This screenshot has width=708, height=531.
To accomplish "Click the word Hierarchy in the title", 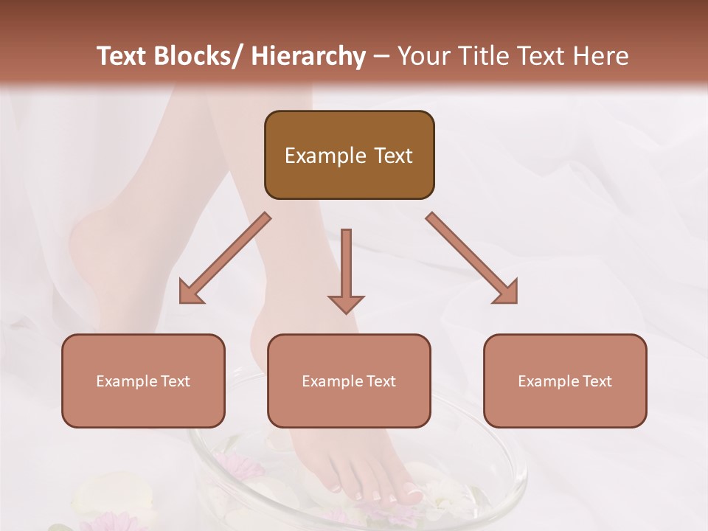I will tap(308, 56).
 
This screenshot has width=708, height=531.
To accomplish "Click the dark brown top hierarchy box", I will tap(349, 155).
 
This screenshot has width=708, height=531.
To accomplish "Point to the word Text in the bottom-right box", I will tap(597, 381).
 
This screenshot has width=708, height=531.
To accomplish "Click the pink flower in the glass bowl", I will tap(237, 466).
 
